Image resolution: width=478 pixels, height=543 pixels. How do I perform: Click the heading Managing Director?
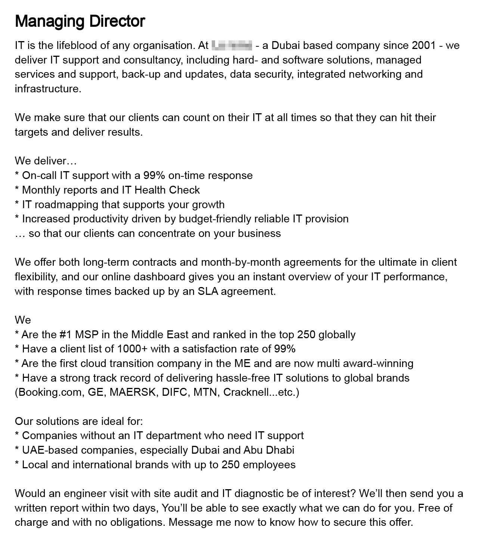pos(80,21)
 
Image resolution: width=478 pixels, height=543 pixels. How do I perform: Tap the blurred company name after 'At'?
pos(232,46)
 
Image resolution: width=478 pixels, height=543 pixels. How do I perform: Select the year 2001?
pos(424,46)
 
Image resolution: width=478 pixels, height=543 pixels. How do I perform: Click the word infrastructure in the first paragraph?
pos(48,89)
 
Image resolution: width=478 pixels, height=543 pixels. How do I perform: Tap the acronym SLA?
pos(207,291)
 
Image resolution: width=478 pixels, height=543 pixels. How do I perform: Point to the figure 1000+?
pos(132,349)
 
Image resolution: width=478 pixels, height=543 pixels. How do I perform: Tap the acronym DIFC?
pos(174,392)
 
